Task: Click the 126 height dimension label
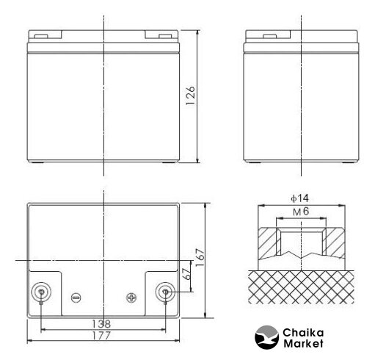pos(190,96)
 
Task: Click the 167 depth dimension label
pos(200,258)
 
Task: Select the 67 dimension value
pos(187,274)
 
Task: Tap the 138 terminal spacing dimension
pos(101,324)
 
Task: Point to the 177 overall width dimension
pos(101,336)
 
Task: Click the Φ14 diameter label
pos(299,198)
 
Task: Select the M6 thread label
pos(301,212)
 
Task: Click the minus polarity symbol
pos(76,298)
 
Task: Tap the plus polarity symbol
pos(131,298)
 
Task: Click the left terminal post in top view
pos(41,292)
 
